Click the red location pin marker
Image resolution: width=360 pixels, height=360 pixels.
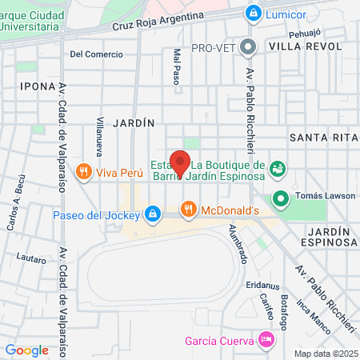(x=179, y=162)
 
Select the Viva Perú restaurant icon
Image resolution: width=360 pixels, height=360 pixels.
(x=83, y=172)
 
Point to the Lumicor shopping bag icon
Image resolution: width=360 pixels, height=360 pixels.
(x=253, y=13)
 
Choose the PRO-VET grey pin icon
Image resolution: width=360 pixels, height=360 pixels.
(x=249, y=46)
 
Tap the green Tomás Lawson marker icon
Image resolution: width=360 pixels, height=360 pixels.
(x=281, y=198)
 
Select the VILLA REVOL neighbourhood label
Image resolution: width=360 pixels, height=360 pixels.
(x=305, y=47)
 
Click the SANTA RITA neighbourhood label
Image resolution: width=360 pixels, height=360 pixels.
(x=322, y=138)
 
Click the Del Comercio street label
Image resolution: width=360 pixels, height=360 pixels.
(x=97, y=54)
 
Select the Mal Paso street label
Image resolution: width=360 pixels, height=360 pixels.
(x=177, y=66)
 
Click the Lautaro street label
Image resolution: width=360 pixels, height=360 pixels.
(x=30, y=258)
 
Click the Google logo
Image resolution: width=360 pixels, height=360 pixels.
(x=27, y=350)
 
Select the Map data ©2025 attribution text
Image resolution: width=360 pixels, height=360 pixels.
(x=325, y=354)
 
